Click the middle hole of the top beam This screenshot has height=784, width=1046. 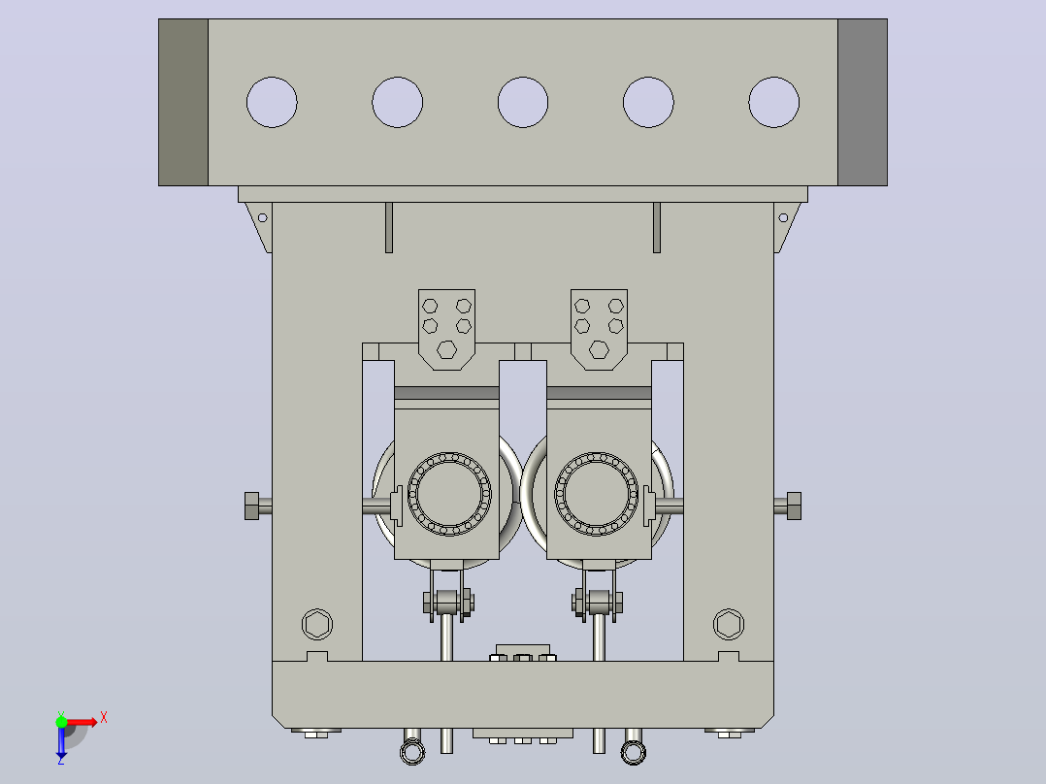(523, 102)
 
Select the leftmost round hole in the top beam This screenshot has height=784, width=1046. (272, 102)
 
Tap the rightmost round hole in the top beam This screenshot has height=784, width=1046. (774, 102)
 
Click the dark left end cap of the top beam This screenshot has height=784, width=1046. (183, 102)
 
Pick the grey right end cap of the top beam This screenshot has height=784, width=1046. (863, 102)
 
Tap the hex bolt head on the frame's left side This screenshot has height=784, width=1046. (251, 506)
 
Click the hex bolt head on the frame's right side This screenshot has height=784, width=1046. (794, 506)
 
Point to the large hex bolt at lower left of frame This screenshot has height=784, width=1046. (317, 625)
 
